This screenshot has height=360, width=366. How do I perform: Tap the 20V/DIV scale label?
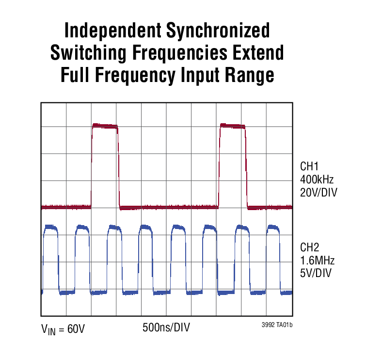point(318,193)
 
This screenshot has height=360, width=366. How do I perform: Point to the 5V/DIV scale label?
point(316,273)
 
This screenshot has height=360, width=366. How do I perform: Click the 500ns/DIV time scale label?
point(166,327)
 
